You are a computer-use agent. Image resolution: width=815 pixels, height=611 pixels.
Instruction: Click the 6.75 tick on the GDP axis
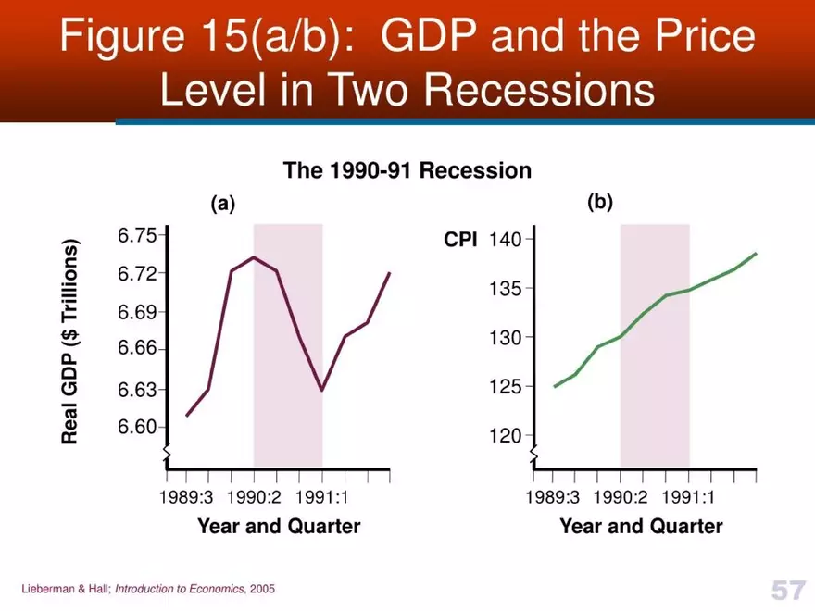pos(137,235)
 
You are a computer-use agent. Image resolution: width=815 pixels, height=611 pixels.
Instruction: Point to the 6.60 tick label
pos(137,427)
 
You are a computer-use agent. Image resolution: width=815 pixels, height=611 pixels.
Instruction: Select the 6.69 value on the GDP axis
pos(137,312)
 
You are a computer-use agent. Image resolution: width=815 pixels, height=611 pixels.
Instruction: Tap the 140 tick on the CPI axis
pos(506,240)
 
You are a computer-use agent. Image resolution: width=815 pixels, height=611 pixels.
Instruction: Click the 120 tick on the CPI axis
pos(506,435)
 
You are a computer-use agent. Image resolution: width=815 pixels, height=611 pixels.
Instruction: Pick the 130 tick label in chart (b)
pos(506,337)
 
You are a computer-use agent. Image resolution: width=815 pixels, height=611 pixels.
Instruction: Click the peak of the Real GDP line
pos(254,256)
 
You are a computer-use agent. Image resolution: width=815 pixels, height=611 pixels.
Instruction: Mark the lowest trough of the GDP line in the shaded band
pos(321,391)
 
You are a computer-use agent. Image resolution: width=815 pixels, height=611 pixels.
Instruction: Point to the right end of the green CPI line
pos(757,253)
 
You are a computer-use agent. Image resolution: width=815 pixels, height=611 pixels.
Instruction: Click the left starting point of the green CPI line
pos(555,386)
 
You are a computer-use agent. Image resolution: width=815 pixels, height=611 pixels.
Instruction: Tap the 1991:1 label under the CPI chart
pos(688,497)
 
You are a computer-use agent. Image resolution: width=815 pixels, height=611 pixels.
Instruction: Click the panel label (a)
pos(223,205)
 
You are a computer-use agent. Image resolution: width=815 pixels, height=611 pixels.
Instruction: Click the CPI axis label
pos(461,241)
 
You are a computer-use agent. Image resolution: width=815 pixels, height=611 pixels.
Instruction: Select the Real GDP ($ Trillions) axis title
pos(70,342)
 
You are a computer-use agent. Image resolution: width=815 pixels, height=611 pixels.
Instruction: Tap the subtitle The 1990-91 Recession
pos(407,170)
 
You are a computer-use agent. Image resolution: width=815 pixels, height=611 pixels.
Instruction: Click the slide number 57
pos(786,589)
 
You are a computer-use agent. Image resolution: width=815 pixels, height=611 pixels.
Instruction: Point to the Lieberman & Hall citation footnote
pos(148,589)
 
